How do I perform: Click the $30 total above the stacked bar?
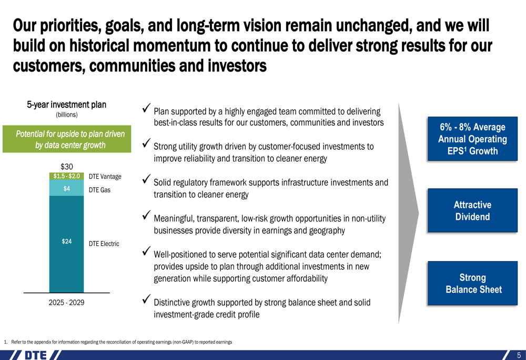[66, 167]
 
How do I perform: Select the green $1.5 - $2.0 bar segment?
[66, 176]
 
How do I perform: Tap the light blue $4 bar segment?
[66, 188]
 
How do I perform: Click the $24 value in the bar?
[66, 241]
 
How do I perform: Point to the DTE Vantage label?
[105, 176]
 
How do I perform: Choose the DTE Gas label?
[99, 190]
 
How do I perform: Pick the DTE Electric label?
[104, 244]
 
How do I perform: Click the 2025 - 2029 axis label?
[66, 302]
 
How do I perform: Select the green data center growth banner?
[67, 139]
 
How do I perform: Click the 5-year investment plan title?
[66, 105]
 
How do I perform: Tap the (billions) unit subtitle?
[66, 115]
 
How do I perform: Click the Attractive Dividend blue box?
[472, 210]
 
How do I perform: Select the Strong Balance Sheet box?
[472, 283]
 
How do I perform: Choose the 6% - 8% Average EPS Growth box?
[472, 139]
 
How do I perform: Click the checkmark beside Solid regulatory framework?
[146, 179]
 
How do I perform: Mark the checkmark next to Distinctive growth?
[146, 299]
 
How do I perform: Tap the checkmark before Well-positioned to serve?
[146, 251]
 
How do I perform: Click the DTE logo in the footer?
[36, 355]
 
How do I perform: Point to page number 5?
[519, 355]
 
